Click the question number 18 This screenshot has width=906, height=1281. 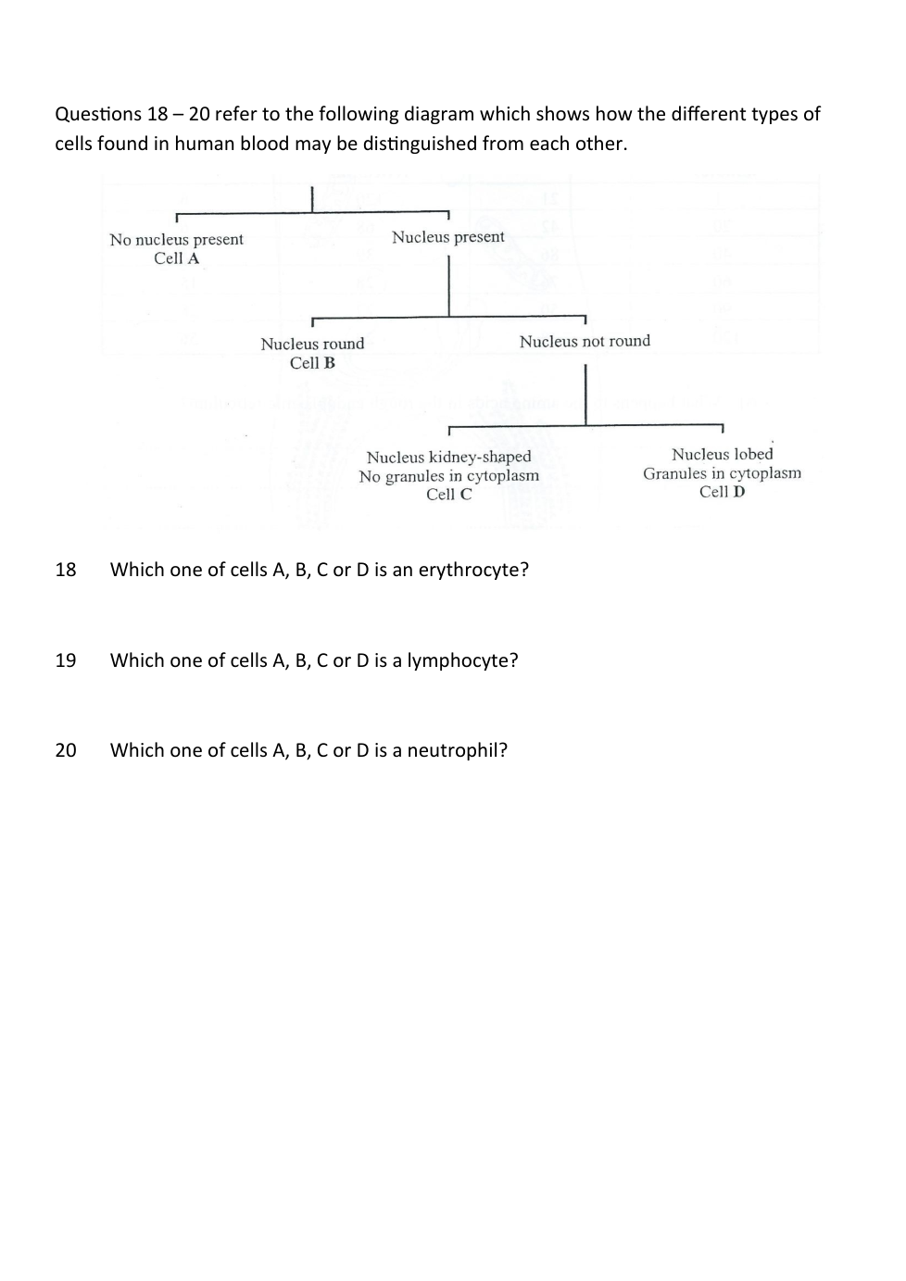pyautogui.click(x=66, y=570)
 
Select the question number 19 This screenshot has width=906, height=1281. pyautogui.click(x=66, y=660)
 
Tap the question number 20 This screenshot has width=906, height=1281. pyautogui.click(x=66, y=750)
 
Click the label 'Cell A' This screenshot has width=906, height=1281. pyautogui.click(x=176, y=258)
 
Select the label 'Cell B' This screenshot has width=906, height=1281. pyautogui.click(x=312, y=363)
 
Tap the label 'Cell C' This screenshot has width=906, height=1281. pyautogui.click(x=448, y=495)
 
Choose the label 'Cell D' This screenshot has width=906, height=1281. pyautogui.click(x=722, y=492)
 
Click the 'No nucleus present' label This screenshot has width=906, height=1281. pyautogui.click(x=176, y=239)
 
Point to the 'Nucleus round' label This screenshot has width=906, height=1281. pyautogui.click(x=312, y=344)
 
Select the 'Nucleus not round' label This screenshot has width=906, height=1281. pyautogui.click(x=585, y=341)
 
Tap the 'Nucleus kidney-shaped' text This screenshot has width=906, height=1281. pyautogui.click(x=448, y=457)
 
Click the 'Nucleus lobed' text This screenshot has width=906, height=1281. pyautogui.click(x=722, y=454)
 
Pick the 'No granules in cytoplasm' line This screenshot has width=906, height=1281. pyautogui.click(x=448, y=476)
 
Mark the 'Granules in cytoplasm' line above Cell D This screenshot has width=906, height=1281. pyautogui.click(x=722, y=473)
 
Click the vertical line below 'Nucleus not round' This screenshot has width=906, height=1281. pyautogui.click(x=585, y=394)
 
